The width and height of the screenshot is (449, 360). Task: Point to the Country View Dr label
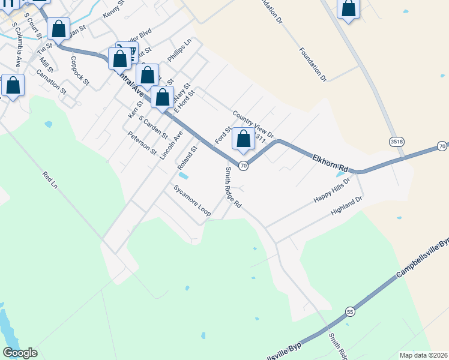(x=253, y=124)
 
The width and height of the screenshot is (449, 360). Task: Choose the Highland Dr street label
(x=347, y=206)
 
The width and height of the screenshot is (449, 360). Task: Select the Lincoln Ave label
(x=171, y=145)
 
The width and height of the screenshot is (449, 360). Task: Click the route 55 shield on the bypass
(x=350, y=312)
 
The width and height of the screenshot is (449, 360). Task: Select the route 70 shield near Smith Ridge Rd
(x=243, y=166)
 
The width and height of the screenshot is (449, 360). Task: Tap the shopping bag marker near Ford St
(x=243, y=139)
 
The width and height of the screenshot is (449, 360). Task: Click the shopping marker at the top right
(x=349, y=9)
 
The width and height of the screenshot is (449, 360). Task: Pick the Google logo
(x=20, y=353)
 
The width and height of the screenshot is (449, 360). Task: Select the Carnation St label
(x=50, y=82)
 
